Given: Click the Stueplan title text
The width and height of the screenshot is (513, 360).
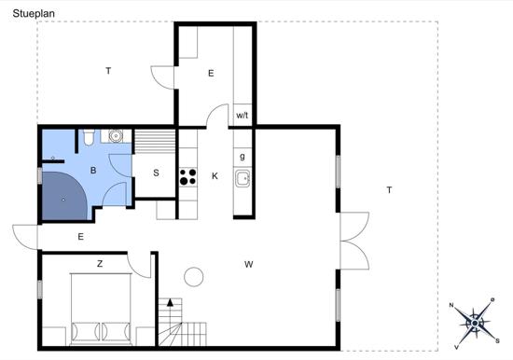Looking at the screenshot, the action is (34, 14).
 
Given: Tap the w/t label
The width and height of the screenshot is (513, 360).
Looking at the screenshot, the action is (243, 116).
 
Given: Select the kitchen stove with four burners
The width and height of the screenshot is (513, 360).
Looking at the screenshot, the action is (188, 176).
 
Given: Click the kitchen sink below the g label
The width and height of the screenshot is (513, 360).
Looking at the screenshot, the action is (243, 178).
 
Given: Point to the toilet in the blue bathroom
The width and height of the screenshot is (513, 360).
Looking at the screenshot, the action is (89, 137).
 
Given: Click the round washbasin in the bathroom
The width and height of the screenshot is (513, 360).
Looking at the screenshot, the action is (115, 136).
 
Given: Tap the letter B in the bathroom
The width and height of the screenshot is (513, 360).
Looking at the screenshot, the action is (93, 170).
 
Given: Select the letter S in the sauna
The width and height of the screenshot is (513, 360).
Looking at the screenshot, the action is (156, 173).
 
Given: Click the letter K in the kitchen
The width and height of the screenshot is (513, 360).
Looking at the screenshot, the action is (215, 176).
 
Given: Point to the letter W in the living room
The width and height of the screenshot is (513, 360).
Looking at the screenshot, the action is (249, 264).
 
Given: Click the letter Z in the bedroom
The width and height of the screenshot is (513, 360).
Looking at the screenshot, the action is (100, 263).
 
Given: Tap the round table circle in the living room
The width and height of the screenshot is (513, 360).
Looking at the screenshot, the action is (194, 277).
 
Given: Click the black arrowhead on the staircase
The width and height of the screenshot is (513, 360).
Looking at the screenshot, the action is (170, 302).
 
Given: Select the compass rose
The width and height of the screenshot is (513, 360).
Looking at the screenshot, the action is (475, 324).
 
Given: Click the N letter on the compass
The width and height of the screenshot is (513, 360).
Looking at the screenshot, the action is (451, 305).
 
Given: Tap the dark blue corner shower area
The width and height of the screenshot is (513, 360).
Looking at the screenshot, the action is (64, 196).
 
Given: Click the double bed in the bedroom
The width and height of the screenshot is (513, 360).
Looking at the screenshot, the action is (101, 309).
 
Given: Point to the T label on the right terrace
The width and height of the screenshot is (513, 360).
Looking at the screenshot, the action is (389, 190).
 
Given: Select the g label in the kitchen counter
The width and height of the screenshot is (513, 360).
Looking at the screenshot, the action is (243, 157).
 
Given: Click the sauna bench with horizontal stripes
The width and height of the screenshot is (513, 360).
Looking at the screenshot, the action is (156, 142).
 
